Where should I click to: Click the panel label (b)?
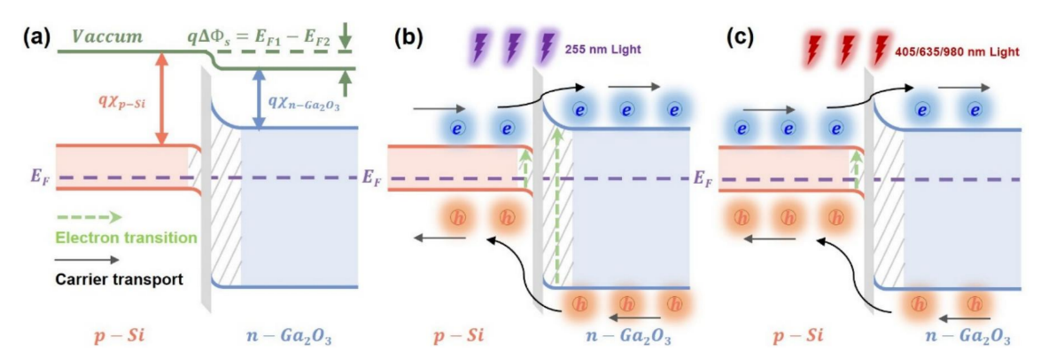[x=407, y=37]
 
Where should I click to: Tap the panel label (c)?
[x=739, y=37]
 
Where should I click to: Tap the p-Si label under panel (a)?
[x=120, y=337]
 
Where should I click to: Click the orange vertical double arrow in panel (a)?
[x=160, y=98]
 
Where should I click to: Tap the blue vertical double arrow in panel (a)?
[x=260, y=98]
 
